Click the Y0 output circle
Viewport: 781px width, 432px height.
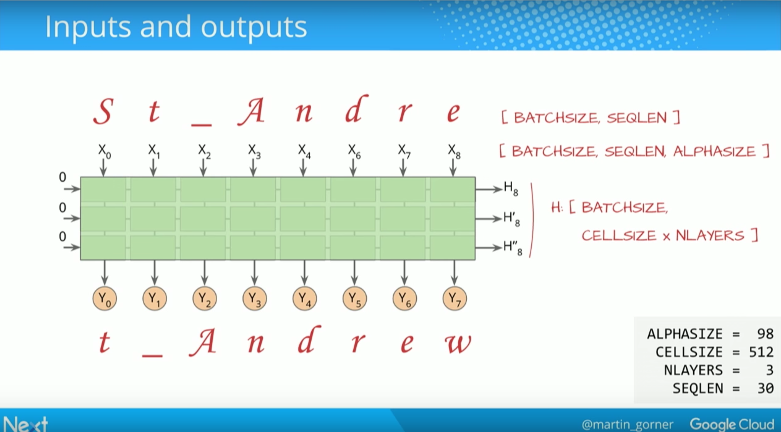pos(105,299)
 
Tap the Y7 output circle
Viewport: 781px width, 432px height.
pos(455,299)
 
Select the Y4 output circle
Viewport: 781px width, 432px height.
pos(305,299)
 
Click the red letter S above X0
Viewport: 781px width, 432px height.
pos(103,111)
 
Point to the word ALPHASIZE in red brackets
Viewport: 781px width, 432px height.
pos(714,151)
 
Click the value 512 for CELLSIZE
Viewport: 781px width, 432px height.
pos(761,352)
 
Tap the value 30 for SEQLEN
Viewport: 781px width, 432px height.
pos(765,388)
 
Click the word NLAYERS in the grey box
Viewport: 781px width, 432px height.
pos(693,370)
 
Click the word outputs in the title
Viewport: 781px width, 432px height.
pos(254,27)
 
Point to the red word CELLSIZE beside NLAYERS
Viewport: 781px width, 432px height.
pos(619,236)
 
